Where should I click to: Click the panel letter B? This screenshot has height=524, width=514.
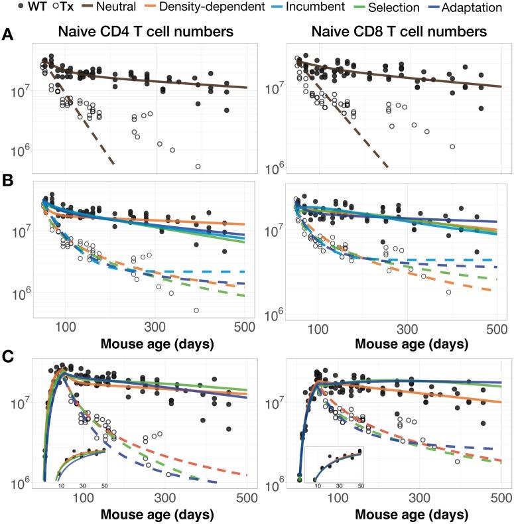(7, 179)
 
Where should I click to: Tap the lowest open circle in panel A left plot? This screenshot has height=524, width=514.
(198, 166)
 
